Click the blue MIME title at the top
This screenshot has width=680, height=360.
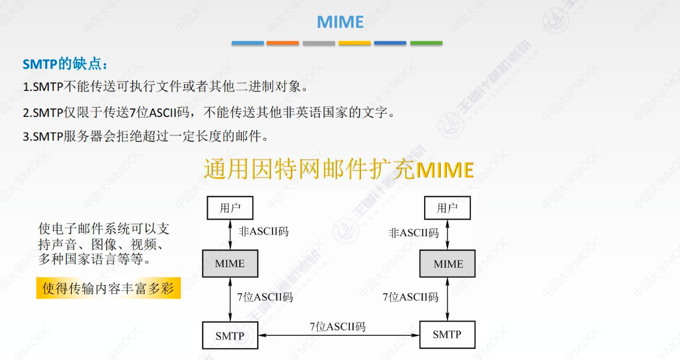(x=340, y=22)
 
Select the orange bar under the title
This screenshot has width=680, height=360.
(x=283, y=43)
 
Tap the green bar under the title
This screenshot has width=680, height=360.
(x=426, y=43)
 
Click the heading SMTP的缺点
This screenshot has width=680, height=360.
(x=66, y=64)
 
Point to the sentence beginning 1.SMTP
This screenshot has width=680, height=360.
(x=164, y=87)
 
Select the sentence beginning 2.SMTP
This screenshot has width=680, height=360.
(x=208, y=113)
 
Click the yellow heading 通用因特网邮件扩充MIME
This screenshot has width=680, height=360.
(x=339, y=169)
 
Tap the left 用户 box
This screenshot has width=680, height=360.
(x=230, y=208)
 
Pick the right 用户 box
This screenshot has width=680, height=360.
(x=447, y=208)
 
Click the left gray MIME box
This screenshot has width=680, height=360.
(x=230, y=264)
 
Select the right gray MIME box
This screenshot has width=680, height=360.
(x=448, y=264)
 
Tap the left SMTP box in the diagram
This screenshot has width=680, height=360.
(x=230, y=336)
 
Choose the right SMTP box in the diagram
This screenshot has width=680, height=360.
(x=447, y=335)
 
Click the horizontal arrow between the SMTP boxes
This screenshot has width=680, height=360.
(x=338, y=335)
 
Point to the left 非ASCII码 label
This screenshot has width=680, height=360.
(x=263, y=232)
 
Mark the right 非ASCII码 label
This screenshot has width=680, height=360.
(x=414, y=233)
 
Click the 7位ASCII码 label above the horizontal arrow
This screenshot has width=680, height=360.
(x=338, y=326)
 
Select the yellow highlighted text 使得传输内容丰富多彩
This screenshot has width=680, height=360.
(x=108, y=288)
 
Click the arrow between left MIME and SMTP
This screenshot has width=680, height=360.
(x=230, y=299)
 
